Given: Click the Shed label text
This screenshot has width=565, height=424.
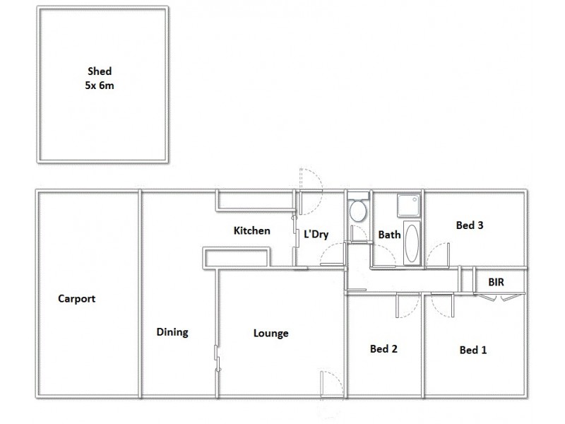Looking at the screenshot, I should click(x=100, y=71).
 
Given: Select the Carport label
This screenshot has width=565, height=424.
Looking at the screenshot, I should click(x=76, y=298).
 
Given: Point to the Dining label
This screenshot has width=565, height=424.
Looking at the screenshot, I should click(x=172, y=332).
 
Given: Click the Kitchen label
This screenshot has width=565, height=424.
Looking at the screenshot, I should click(x=252, y=230).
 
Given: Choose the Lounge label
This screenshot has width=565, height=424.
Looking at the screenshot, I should click(x=270, y=334).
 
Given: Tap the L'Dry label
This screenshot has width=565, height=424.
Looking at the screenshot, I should click(x=315, y=234).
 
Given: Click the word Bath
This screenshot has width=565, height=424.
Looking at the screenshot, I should click(x=389, y=234).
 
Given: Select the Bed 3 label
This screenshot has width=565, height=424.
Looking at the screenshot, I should click(x=469, y=226).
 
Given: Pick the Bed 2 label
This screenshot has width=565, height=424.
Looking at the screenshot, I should click(x=384, y=348).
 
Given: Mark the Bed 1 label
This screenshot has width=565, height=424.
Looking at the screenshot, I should click(x=473, y=349).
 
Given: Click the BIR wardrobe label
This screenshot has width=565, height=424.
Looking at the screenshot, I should click(x=496, y=282).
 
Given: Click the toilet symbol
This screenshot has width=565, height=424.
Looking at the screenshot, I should click(x=357, y=211).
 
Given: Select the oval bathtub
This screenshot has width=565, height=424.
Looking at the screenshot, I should click(x=412, y=242).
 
